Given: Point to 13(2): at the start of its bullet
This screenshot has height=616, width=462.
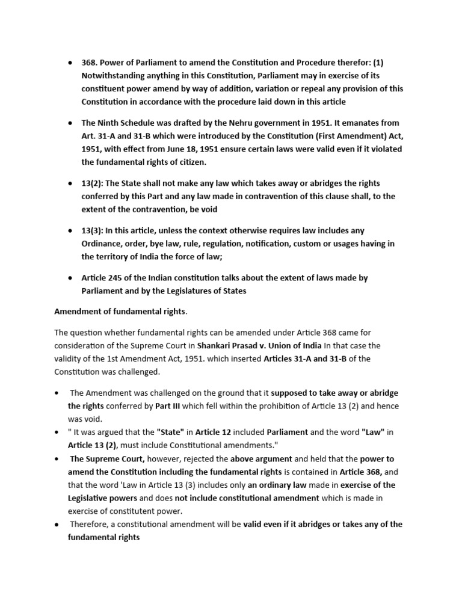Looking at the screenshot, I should tap(93, 183).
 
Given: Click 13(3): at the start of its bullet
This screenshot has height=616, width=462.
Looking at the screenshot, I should tap(93, 230).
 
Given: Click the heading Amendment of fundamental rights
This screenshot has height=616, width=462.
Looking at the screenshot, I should tap(120, 312).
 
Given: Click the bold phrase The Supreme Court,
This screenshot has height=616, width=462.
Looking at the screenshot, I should tap(105, 458).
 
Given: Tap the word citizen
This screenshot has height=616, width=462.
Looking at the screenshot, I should tap(190, 162).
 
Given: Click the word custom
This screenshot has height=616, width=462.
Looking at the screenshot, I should tap(297, 244).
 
